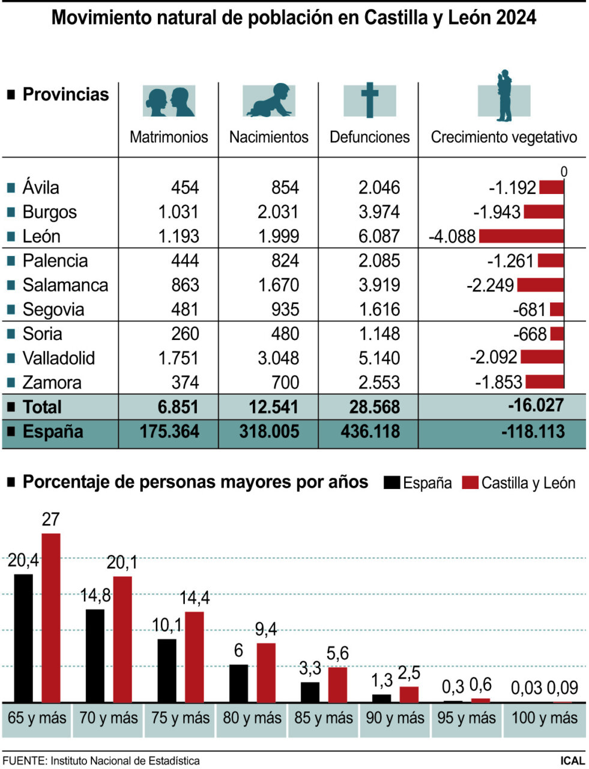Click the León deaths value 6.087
click(379, 236)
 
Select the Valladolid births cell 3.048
click(279, 358)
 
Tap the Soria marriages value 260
click(185, 333)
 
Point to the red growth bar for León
click(521, 236)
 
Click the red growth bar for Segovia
click(557, 309)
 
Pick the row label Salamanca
click(65, 285)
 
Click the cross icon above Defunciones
click(369, 100)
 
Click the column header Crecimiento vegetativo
click(504, 137)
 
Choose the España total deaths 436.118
click(370, 431)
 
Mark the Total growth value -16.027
click(536, 406)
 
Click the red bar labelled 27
click(51, 617)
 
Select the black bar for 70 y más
click(95, 655)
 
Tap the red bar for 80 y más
click(266, 672)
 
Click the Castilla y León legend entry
click(519, 483)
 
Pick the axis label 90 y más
click(395, 718)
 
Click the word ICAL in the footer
click(572, 761)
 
